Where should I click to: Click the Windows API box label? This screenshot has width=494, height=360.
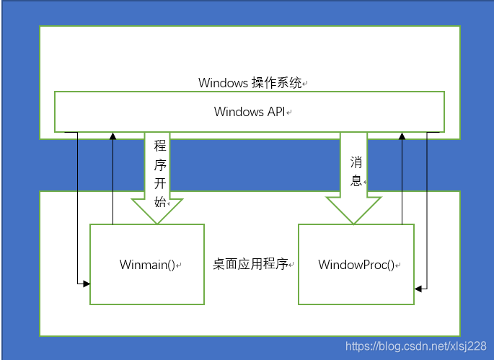coord(250,112)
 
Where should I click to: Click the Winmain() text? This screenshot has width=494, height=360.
coord(147,265)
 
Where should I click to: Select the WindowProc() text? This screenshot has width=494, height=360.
coord(356,265)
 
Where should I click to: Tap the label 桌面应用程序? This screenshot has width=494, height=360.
coord(250,264)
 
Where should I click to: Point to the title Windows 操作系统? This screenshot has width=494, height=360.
coord(250,83)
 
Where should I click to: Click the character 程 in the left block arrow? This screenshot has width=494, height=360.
coord(160,144)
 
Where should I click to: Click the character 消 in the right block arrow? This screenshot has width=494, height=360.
coord(356,161)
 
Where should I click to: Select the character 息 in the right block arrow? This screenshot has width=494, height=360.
coord(356,180)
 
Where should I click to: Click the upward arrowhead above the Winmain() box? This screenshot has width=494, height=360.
coord(113,136)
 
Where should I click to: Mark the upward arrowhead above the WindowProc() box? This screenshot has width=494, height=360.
coord(402,136)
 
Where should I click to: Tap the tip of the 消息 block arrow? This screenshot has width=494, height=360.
coord(353,221)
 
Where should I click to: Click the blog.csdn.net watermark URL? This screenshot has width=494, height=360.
coord(415,347)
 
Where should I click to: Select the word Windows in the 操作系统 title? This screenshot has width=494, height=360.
coord(223,83)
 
